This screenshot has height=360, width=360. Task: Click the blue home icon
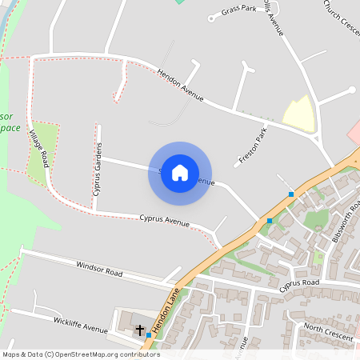pyautogui.click(x=180, y=173)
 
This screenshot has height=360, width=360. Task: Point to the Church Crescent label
pyautogui.click(x=342, y=15)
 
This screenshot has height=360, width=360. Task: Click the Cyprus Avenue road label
pyautogui.click(x=164, y=220)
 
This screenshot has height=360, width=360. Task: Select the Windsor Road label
pyautogui.click(x=99, y=268)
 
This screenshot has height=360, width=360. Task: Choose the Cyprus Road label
pyautogui.click(x=300, y=284)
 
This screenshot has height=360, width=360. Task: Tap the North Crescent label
pyautogui.click(x=328, y=333)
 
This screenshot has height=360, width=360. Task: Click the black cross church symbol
pyautogui.click(x=139, y=329)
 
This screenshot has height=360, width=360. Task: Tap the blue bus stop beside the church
pyautogui.click(x=148, y=335)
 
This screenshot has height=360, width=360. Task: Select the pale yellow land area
pyautogui.click(x=298, y=114)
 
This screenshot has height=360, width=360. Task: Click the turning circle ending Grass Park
pyautogui.click(x=211, y=18)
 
